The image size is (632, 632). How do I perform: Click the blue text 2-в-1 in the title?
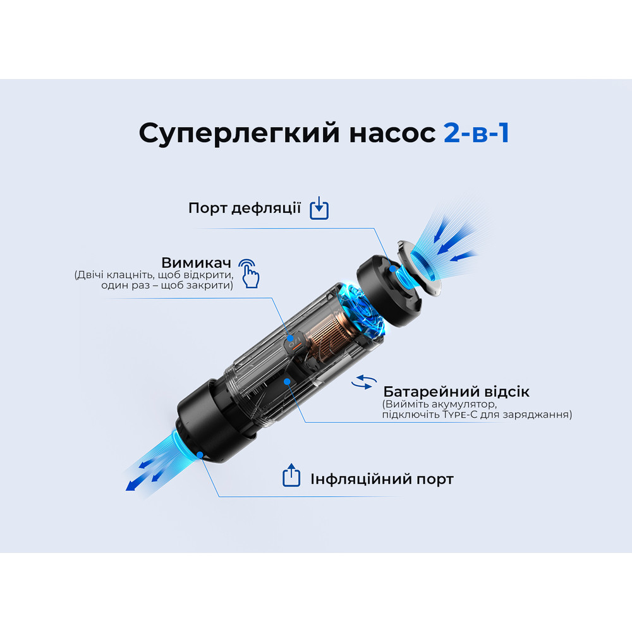(477, 133)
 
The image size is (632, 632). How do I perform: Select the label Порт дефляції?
(244, 208)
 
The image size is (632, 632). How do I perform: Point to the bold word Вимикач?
(197, 262)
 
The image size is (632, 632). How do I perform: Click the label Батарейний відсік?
(456, 391)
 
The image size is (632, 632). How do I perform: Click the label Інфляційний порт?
(382, 479)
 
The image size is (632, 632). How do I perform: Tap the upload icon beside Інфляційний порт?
(291, 476)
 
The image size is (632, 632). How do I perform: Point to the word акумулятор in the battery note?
(455, 404)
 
